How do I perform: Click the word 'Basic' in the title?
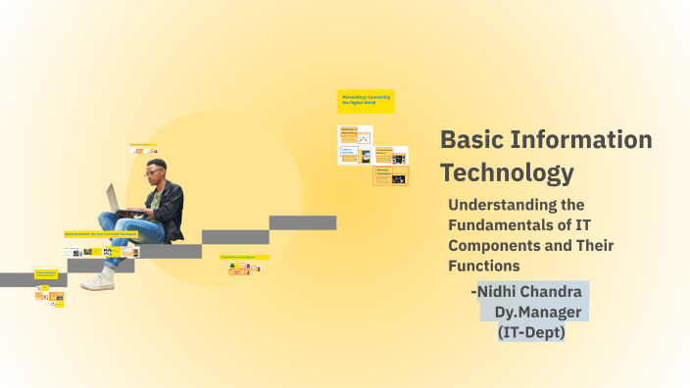coord(469,140)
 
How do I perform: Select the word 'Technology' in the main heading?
coord(506,173)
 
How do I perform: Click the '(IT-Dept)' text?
coord(531,332)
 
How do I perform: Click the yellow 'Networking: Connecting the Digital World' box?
coord(366,101)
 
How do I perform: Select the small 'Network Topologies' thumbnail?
coord(390,175)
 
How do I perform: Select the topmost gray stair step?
coord(303,222)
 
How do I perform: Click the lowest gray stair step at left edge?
coord(20,279)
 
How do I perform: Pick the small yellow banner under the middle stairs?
coord(244,257)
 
